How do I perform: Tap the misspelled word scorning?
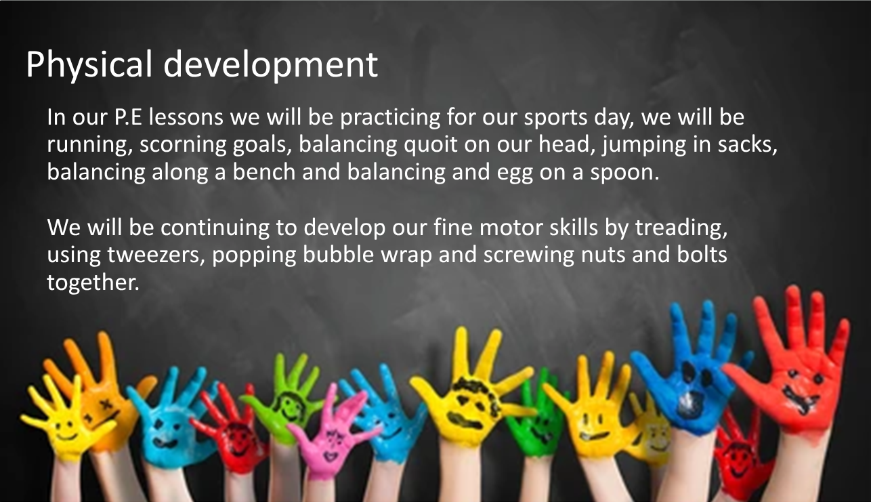[x=183, y=145]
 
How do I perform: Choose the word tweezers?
[x=156, y=255]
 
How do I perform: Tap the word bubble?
[x=338, y=254]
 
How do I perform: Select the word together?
[x=93, y=283]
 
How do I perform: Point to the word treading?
[x=681, y=228]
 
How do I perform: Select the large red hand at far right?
[x=797, y=373]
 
